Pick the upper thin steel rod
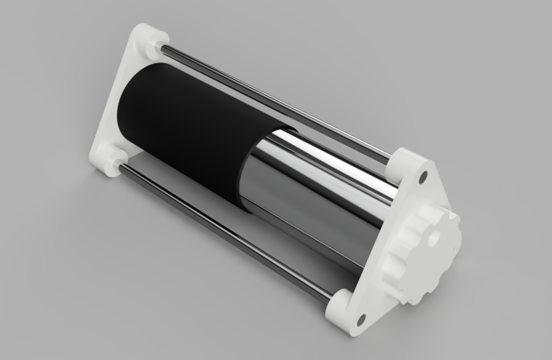pos(280,100)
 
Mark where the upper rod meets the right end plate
pos(390,157)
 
